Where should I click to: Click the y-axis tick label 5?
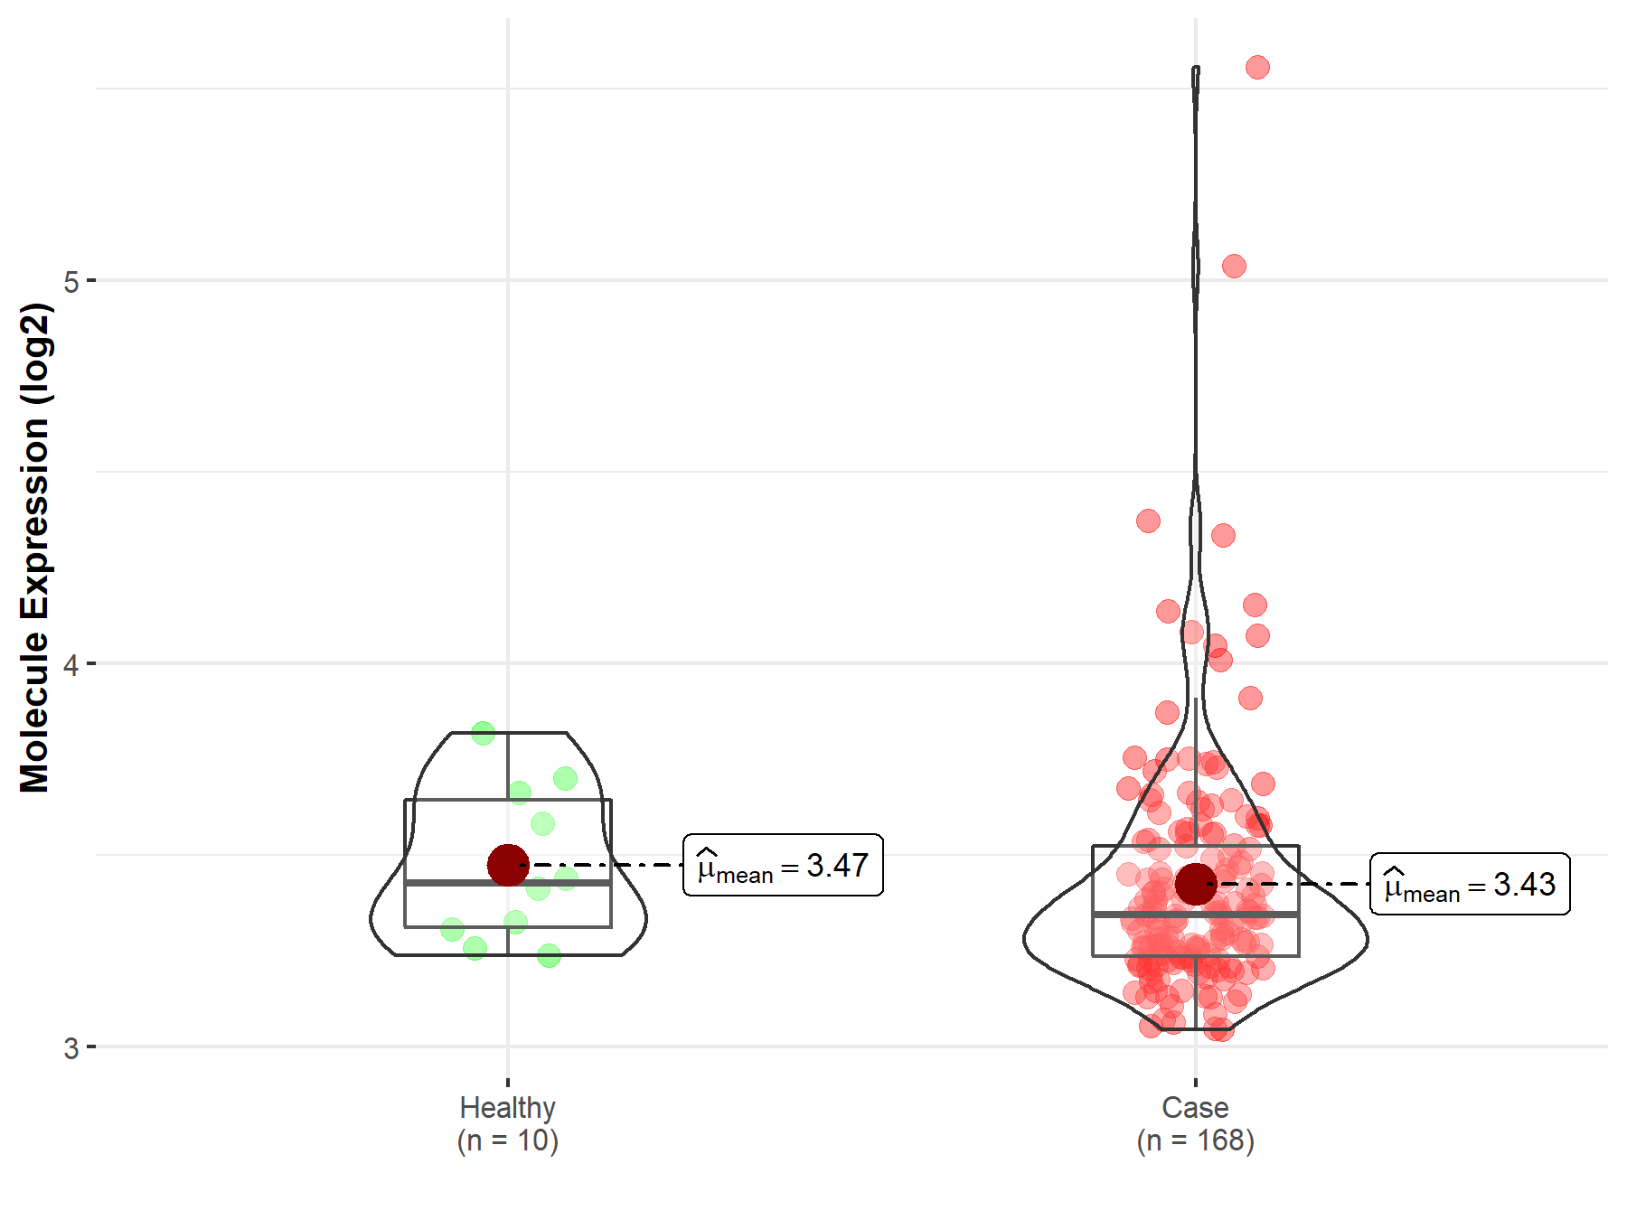(71, 281)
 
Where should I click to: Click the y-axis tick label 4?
(71, 665)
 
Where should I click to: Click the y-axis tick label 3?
(71, 1048)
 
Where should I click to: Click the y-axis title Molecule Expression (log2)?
(34, 548)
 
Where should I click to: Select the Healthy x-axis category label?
(507, 1108)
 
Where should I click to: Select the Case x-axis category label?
(1195, 1108)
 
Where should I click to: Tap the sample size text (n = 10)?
(507, 1141)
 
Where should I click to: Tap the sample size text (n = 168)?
(1195, 1141)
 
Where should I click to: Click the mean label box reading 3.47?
(783, 866)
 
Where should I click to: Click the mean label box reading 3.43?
(1470, 885)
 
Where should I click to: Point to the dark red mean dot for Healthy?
(508, 865)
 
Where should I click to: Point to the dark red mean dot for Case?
(1196, 884)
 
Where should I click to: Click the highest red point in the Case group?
(1257, 68)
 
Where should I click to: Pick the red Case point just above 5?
(1234, 266)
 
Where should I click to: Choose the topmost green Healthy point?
(483, 733)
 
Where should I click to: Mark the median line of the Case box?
(1265, 915)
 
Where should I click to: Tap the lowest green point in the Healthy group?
(549, 955)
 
